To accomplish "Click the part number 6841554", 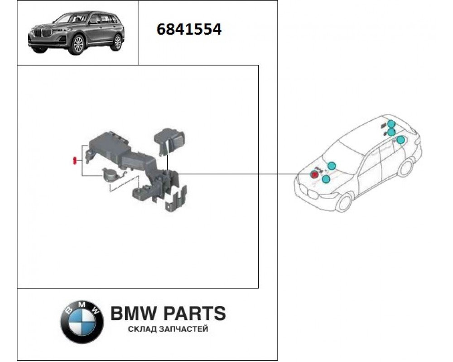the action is click(x=189, y=29).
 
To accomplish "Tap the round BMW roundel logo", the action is click(x=82, y=322).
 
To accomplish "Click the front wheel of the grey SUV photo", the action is click(x=77, y=45).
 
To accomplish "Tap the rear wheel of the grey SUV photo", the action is click(x=118, y=43).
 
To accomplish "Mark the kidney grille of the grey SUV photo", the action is click(x=39, y=33).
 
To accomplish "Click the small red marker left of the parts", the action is click(x=74, y=161).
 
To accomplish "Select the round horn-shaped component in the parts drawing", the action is click(x=110, y=175).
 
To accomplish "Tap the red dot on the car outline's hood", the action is click(x=314, y=174).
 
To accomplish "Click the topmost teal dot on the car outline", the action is click(x=391, y=124).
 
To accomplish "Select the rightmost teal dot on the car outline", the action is click(x=400, y=140).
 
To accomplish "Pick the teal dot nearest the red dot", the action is click(x=326, y=179).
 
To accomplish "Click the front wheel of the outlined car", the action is click(x=345, y=202).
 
